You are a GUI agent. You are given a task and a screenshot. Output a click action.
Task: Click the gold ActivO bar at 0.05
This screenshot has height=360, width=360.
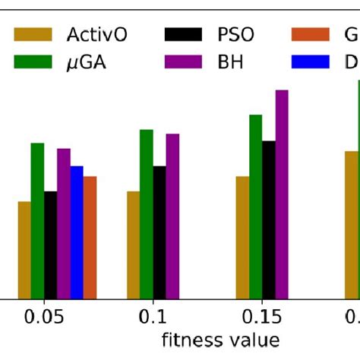coord(24,250)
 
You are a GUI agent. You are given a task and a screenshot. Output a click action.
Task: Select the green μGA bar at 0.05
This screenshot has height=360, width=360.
coord(37,221)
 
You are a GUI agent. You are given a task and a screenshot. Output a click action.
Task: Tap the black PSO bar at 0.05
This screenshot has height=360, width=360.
coord(50,245)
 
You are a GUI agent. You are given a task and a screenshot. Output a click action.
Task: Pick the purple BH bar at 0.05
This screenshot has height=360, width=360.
coord(64,223)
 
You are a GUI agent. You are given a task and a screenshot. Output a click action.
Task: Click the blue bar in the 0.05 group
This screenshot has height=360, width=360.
coord(77,232)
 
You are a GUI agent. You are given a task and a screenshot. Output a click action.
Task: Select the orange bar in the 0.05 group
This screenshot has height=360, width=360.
coord(90,237)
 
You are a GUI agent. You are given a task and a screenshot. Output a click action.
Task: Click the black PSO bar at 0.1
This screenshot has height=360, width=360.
coord(159,232)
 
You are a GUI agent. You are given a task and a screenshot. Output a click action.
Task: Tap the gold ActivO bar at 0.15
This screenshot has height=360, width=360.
coord(242,237)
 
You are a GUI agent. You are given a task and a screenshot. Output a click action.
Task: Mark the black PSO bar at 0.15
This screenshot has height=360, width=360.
coord(269,219)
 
